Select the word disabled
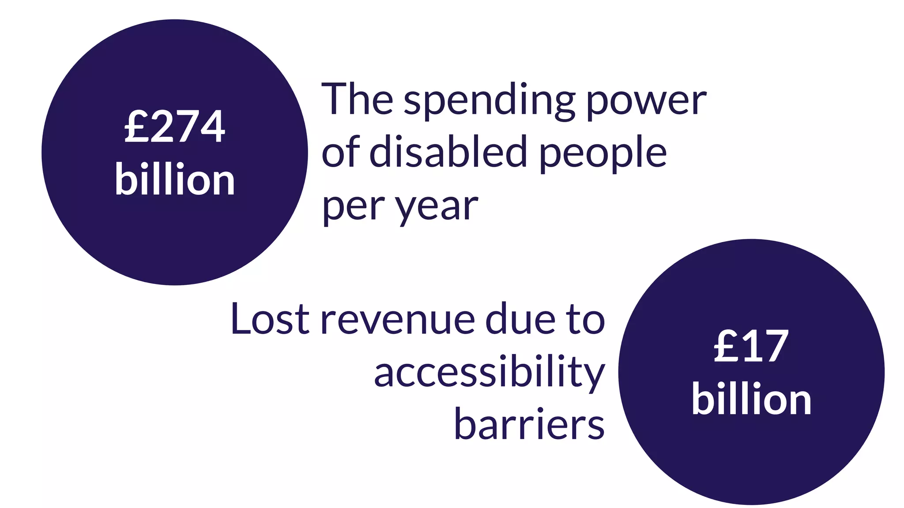448,152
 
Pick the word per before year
350,207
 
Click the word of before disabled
341,152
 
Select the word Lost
270,318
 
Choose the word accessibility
489,373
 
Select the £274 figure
175,127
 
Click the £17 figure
751,347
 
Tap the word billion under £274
175,180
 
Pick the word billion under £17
751,400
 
